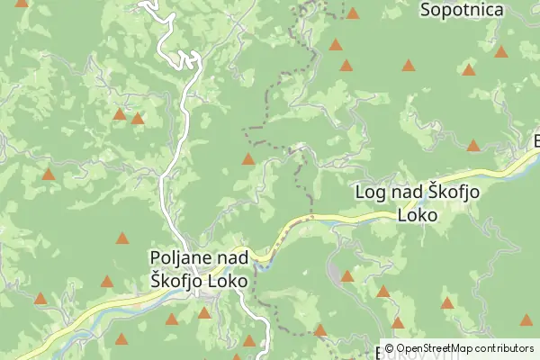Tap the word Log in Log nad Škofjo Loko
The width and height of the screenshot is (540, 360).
pyautogui.click(x=371, y=193)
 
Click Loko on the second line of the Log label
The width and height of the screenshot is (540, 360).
pyautogui.click(x=417, y=216)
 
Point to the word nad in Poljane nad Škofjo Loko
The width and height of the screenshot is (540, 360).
pyautogui.click(x=225, y=258)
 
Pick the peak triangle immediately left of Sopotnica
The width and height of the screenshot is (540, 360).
pyautogui.click(x=353, y=13)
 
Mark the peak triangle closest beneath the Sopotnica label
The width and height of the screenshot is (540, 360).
pyautogui.click(x=468, y=69)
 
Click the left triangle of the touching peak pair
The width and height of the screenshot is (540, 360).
pyautogui.click(x=119, y=114)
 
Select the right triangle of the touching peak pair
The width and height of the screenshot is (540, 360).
pyautogui.click(x=138, y=118)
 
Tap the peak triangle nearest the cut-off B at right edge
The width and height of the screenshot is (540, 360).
pyautogui.click(x=473, y=145)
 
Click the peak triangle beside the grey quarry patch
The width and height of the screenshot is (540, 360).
pyautogui.click(x=346, y=275)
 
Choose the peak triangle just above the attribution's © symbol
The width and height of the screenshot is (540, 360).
pyautogui.click(x=397, y=322)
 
